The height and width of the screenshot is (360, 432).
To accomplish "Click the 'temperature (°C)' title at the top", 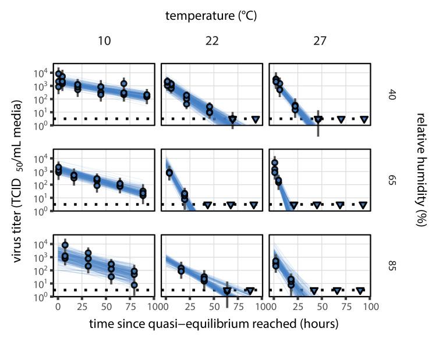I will point(211,16).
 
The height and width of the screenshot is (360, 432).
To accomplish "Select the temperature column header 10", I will point(104,41).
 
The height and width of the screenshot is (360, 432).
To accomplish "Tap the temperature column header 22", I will point(212,41).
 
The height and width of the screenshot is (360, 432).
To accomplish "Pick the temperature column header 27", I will point(320,41).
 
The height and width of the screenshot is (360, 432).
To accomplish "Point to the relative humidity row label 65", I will point(392,180).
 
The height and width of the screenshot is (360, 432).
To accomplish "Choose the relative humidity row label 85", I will point(392,266).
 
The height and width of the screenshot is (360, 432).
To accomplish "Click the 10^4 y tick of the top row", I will point(43,73).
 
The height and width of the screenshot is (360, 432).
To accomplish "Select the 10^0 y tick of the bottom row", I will point(43,297).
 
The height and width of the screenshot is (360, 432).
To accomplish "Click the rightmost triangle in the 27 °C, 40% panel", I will point(364,119).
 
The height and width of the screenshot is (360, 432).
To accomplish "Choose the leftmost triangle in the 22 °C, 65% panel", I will point(207,205).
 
